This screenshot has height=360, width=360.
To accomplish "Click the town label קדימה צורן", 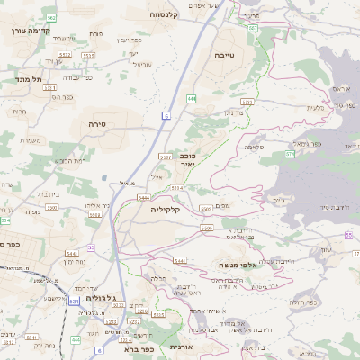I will coord(26,31).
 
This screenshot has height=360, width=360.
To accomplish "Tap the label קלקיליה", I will coord(166,209).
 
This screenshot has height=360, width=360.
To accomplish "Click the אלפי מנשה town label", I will coord(238,265).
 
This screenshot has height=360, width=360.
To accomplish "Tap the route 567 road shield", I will coord(253,28).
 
